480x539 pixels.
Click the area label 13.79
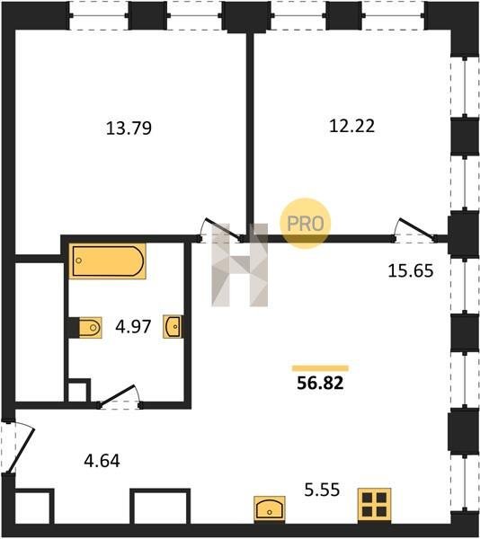pyautogui.click(x=129, y=128)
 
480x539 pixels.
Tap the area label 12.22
pyautogui.click(x=351, y=126)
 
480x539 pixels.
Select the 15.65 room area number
pyautogui.click(x=411, y=270)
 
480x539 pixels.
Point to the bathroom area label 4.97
pyautogui.click(x=133, y=327)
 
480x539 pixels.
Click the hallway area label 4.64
pyautogui.click(x=102, y=461)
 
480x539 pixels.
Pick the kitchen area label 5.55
pyautogui.click(x=322, y=490)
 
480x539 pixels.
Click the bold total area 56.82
pyautogui.click(x=320, y=383)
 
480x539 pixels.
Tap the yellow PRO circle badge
pyautogui.click(x=306, y=224)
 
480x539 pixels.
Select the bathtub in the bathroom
pyautogui.click(x=108, y=261)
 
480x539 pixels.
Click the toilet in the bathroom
pyautogui.click(x=90, y=328)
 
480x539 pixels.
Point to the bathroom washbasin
pyautogui.click(x=173, y=327)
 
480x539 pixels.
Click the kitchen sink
pyautogui.click(x=270, y=509)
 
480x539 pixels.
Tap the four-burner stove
pyautogui.click(x=374, y=505)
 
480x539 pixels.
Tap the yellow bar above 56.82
pyautogui.click(x=320, y=368)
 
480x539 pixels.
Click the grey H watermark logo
pyautogui.click(x=240, y=265)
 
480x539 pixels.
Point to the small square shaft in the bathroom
pyautogui.click(x=79, y=391)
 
